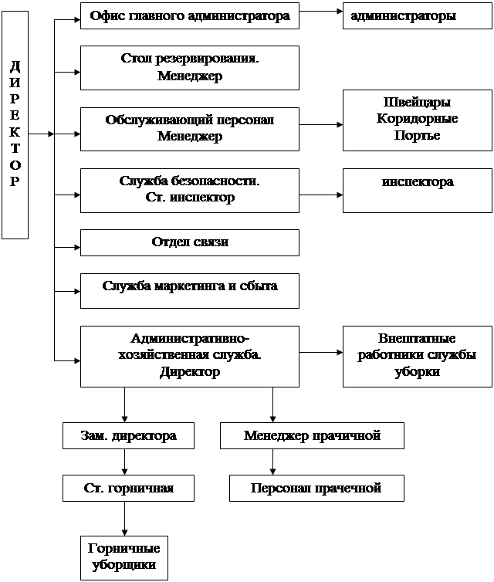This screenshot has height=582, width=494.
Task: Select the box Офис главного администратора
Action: click(x=189, y=15)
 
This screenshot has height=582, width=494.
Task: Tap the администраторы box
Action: click(x=417, y=15)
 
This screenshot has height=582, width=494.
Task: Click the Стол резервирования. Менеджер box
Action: click(x=189, y=67)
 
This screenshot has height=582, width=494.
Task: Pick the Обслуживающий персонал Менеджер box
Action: click(x=189, y=128)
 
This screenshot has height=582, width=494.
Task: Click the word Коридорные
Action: click(x=417, y=119)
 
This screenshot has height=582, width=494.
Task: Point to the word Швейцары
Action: click(x=417, y=103)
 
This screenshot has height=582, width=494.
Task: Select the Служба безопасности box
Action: click(x=189, y=189)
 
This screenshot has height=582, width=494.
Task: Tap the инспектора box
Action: click(x=417, y=189)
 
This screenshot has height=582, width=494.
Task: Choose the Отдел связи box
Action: click(x=189, y=242)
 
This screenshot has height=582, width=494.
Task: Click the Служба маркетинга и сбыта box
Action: click(x=189, y=286)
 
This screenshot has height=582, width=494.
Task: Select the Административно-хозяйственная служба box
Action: click(x=189, y=355)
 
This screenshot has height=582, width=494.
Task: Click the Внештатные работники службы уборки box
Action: click(x=417, y=355)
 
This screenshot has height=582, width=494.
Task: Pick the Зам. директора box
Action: click(x=127, y=436)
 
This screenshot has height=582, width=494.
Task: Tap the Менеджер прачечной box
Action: click(x=312, y=436)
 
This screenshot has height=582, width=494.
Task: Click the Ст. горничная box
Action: click(x=127, y=488)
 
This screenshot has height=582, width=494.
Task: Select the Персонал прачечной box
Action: click(x=316, y=488)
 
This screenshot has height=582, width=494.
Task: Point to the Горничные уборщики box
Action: click(x=123, y=557)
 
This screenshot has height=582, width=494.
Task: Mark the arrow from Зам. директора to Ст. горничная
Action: click(x=124, y=462)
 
